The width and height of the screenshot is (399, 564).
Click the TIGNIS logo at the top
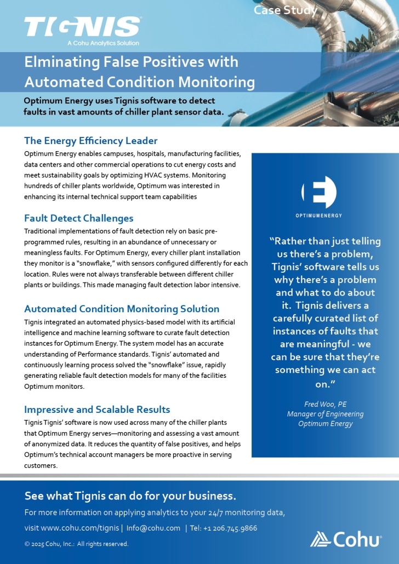(82, 26)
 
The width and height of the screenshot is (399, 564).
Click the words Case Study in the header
(285, 10)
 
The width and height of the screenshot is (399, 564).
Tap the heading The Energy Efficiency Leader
(90, 141)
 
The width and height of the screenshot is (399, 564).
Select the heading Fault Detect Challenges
(78, 218)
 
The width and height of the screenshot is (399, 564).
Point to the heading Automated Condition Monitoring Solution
(122, 309)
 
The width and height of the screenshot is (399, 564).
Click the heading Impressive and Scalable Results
(97, 410)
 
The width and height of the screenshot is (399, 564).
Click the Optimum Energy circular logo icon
(318, 193)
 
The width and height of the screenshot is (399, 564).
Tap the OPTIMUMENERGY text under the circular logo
(318, 216)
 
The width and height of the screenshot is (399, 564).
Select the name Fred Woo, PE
(325, 405)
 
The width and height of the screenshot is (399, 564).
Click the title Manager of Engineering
(325, 414)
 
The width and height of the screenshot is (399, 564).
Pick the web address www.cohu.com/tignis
(79, 528)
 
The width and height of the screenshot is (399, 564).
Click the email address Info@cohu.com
(153, 528)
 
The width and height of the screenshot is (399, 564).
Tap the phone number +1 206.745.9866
(230, 528)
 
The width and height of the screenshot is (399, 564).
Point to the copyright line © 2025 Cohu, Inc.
(76, 544)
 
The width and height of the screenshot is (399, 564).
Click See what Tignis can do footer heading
(130, 496)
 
